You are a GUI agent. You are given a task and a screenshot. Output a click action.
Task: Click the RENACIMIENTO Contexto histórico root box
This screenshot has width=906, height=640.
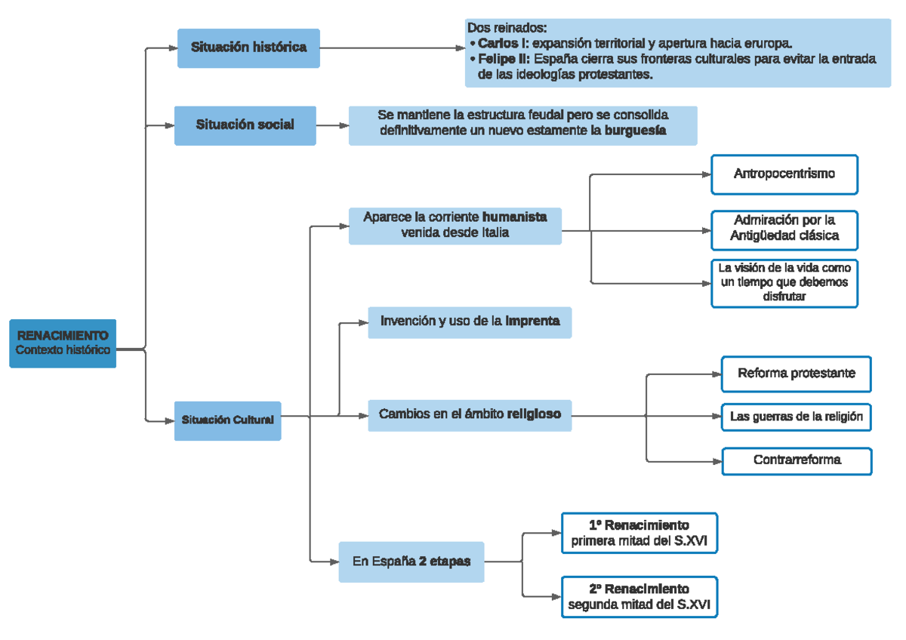click(x=63, y=343)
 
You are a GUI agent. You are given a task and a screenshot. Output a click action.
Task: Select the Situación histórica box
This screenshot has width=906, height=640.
click(x=248, y=48)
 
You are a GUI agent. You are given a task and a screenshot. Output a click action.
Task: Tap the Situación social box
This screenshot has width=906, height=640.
click(x=245, y=125)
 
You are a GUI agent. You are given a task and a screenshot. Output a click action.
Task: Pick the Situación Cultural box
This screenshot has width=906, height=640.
click(x=227, y=420)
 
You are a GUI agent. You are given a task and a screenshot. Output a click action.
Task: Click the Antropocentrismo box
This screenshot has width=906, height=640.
click(x=784, y=174)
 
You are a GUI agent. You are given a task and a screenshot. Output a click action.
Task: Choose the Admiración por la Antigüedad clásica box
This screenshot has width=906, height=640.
click(x=784, y=229)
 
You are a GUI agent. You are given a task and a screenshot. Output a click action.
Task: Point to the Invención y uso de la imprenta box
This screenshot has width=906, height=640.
click(x=470, y=322)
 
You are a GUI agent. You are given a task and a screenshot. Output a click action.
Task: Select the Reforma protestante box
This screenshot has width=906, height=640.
click(x=796, y=374)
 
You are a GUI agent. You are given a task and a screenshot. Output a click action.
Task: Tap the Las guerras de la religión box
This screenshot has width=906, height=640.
click(x=797, y=417)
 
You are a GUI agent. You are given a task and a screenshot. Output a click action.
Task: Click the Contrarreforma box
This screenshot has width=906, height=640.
click(x=797, y=460)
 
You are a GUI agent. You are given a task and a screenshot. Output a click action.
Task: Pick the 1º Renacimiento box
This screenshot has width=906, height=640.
click(x=639, y=533)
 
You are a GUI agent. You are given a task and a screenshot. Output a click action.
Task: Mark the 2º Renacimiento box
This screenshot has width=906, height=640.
click(x=639, y=597)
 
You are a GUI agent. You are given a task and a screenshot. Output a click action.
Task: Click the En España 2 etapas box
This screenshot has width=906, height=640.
click(x=411, y=562)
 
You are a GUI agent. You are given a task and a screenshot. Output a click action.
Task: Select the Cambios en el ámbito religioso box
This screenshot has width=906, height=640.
click(x=470, y=414)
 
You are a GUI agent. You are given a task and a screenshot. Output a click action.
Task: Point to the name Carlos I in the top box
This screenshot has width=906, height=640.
click(x=502, y=44)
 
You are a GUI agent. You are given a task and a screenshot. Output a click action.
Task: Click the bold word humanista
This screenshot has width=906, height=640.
click(x=514, y=217)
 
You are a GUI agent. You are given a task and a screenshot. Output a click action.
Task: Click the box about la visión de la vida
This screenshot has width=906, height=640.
click(x=784, y=282)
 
